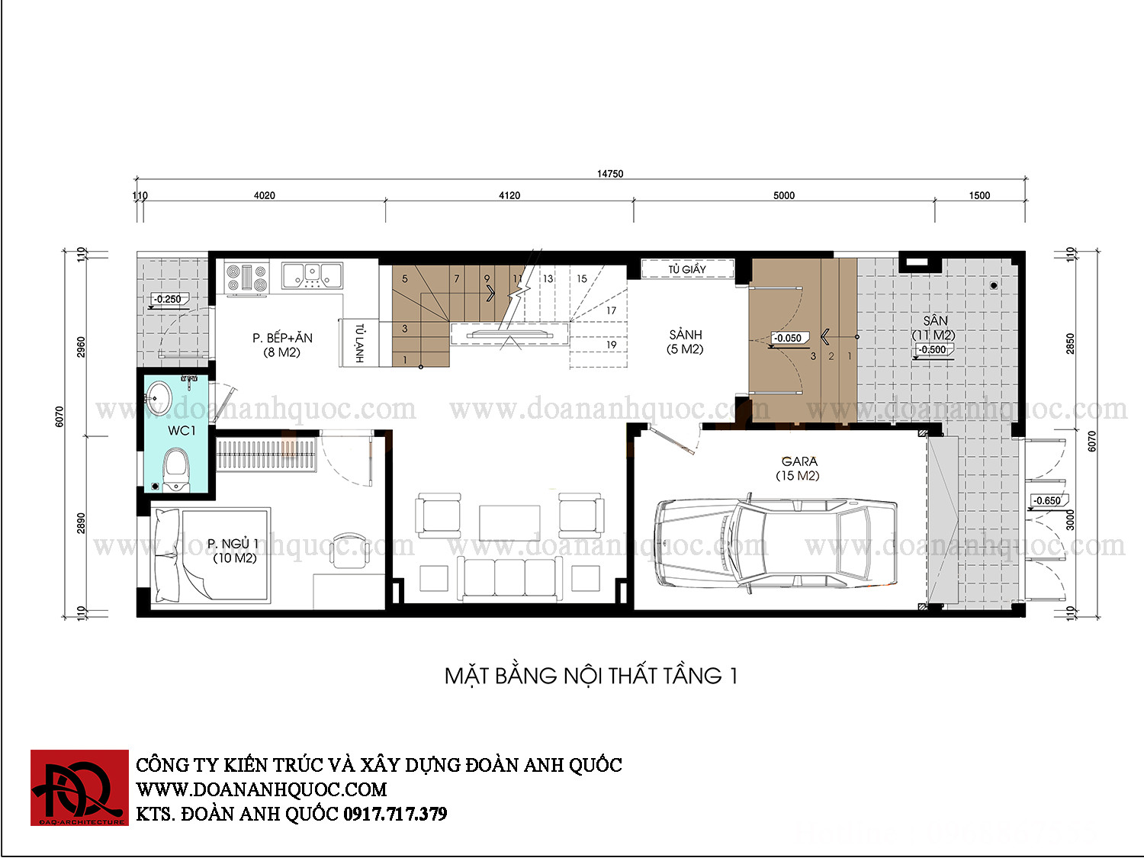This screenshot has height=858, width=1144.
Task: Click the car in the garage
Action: point(776,543)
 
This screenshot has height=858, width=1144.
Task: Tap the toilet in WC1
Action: point(176,470)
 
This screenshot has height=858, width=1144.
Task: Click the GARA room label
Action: point(798,468)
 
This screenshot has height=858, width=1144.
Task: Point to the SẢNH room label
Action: point(686,342)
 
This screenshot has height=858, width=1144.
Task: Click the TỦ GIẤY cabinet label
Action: point(687,269)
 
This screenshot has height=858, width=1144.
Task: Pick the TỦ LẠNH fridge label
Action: point(359,342)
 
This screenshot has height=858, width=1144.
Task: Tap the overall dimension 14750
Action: point(610,173)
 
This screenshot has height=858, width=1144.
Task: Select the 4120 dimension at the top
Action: point(509,195)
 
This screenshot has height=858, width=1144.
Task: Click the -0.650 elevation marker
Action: point(1048,500)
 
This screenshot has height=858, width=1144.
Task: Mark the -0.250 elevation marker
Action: point(168,299)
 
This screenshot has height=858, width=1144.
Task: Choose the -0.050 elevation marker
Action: point(788,338)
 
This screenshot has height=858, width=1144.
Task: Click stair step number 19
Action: point(612,345)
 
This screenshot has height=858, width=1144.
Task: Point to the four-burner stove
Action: point(246,278)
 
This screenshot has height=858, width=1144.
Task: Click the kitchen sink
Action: point(312,275)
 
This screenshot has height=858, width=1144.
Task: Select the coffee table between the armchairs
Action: point(509,522)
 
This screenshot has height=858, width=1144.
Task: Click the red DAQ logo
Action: point(79,788)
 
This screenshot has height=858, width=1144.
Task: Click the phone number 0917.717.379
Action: point(394,814)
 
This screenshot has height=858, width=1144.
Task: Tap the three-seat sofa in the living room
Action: point(509,578)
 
